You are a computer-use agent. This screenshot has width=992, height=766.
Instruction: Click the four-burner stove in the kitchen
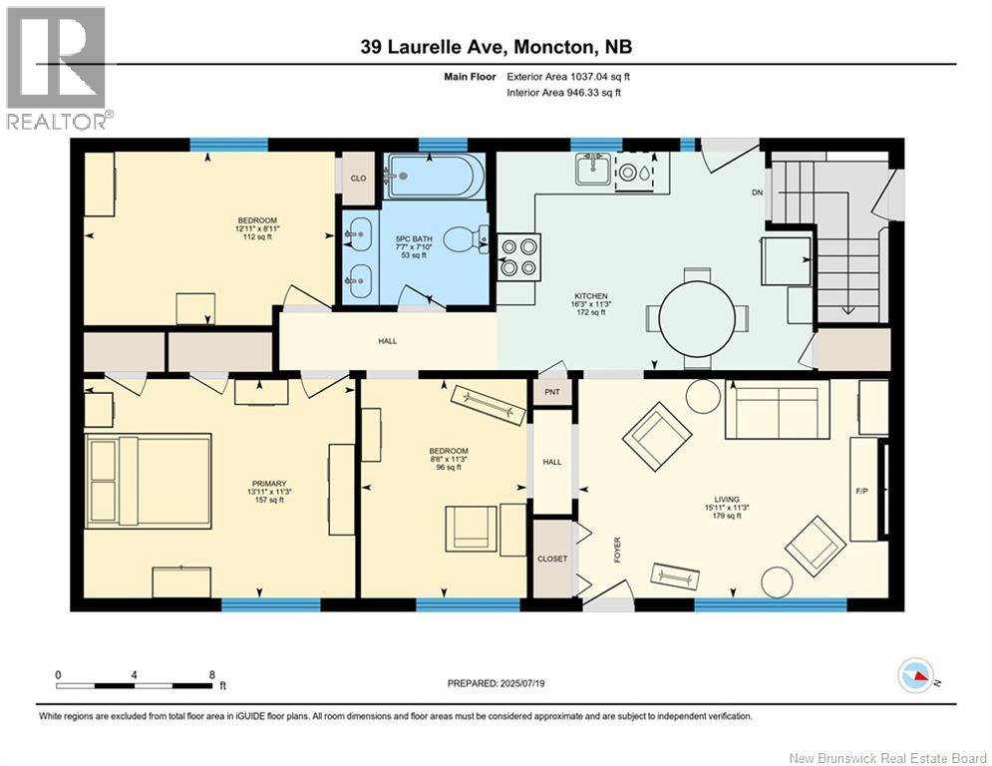tap(518, 255)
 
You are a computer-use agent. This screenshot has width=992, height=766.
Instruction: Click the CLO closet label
tap(358, 179)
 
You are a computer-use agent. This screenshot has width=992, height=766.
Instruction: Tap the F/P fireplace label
tap(863, 492)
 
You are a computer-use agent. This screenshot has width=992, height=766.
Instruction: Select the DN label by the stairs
tap(758, 193)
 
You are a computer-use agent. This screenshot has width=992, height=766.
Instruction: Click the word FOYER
tap(617, 549)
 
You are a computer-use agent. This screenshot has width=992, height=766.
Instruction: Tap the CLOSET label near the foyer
tap(552, 559)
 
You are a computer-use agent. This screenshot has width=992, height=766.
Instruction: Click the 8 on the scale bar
tap(211, 675)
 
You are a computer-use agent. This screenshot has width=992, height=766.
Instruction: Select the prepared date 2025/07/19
tap(497, 683)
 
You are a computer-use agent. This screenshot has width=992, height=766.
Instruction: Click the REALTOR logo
tap(56, 68)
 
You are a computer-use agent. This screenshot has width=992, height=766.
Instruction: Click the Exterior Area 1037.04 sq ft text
tap(568, 76)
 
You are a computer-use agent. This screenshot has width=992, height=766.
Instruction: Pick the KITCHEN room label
tap(589, 295)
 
